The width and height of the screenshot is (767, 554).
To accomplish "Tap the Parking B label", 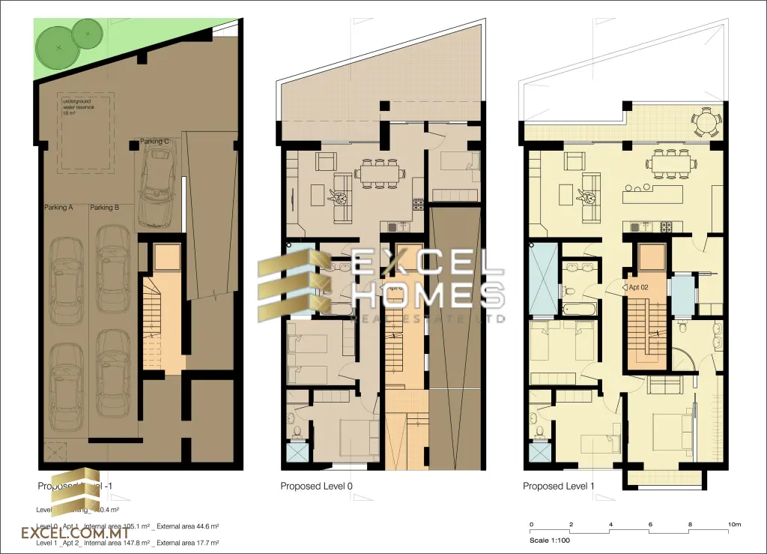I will (103, 208).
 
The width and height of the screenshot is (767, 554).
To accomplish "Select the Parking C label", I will (154, 141).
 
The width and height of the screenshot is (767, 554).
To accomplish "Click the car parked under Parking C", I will (159, 187).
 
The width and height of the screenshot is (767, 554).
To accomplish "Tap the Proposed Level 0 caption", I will (316, 487).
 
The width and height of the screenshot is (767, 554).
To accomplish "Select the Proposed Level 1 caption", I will (559, 487).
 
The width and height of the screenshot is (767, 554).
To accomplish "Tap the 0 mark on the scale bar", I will (531, 524).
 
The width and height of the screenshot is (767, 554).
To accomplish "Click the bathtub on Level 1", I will (577, 308).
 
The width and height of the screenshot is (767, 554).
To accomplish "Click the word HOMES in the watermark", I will (428, 295).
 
